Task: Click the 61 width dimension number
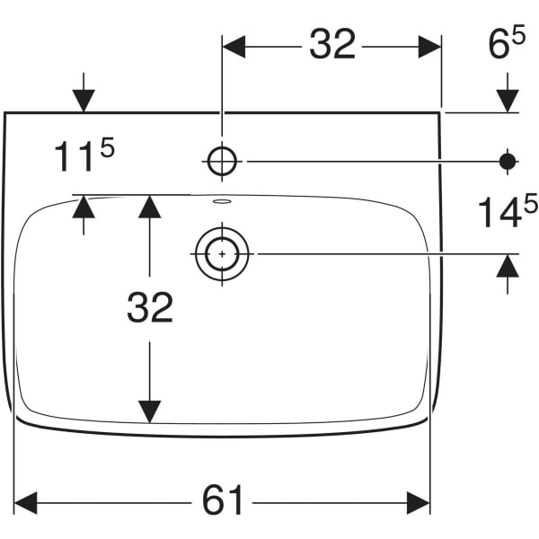223,499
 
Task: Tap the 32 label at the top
332,44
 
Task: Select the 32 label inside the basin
150,307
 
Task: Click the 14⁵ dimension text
508,210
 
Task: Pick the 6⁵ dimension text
507,41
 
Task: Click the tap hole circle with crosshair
223,161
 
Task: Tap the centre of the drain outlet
222,254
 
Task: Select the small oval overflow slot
222,201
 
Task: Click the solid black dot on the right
508,161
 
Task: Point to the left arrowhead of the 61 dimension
25,503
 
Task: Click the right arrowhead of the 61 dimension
419,503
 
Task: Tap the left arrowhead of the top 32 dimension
234,47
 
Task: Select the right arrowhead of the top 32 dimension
429,47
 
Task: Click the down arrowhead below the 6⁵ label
508,101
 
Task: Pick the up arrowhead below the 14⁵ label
508,265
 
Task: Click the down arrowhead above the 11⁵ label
84,101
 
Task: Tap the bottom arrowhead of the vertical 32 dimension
149,411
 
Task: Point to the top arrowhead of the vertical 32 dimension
149,207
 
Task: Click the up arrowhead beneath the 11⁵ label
84,207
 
